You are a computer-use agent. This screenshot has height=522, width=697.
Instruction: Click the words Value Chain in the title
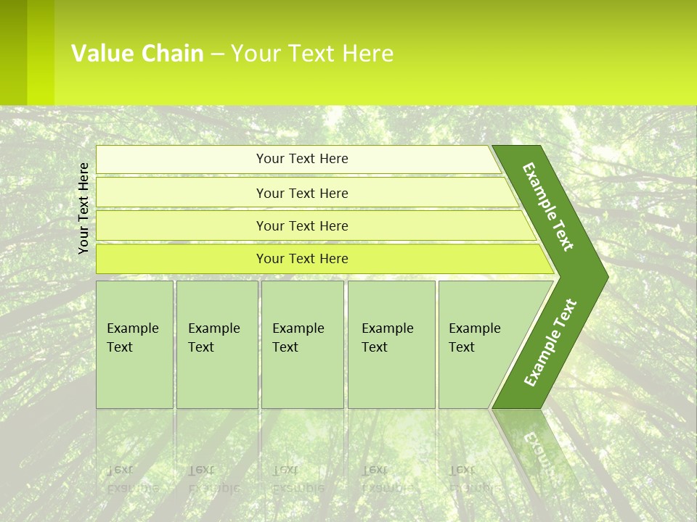[137, 53]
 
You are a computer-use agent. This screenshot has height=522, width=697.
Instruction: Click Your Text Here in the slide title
[312, 53]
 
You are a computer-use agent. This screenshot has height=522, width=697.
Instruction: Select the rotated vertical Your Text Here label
[84, 208]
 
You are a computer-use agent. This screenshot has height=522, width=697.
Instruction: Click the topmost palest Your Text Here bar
[302, 159]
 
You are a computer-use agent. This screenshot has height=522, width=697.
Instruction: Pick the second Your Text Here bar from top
[302, 193]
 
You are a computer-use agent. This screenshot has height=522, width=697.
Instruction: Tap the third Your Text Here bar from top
[302, 225]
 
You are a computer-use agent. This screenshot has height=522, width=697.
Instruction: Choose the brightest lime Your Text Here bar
[302, 258]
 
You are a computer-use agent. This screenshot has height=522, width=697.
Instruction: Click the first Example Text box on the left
[134, 344]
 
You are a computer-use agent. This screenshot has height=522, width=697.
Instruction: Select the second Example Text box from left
[216, 344]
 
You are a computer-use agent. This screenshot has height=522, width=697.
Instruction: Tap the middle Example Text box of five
[302, 344]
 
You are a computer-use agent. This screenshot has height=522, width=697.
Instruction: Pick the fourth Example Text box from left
[391, 344]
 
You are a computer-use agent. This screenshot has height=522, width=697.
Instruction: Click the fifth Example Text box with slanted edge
[479, 344]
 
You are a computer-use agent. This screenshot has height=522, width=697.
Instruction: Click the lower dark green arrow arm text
[550, 342]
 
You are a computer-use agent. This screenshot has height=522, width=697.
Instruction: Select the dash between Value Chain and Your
[217, 54]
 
